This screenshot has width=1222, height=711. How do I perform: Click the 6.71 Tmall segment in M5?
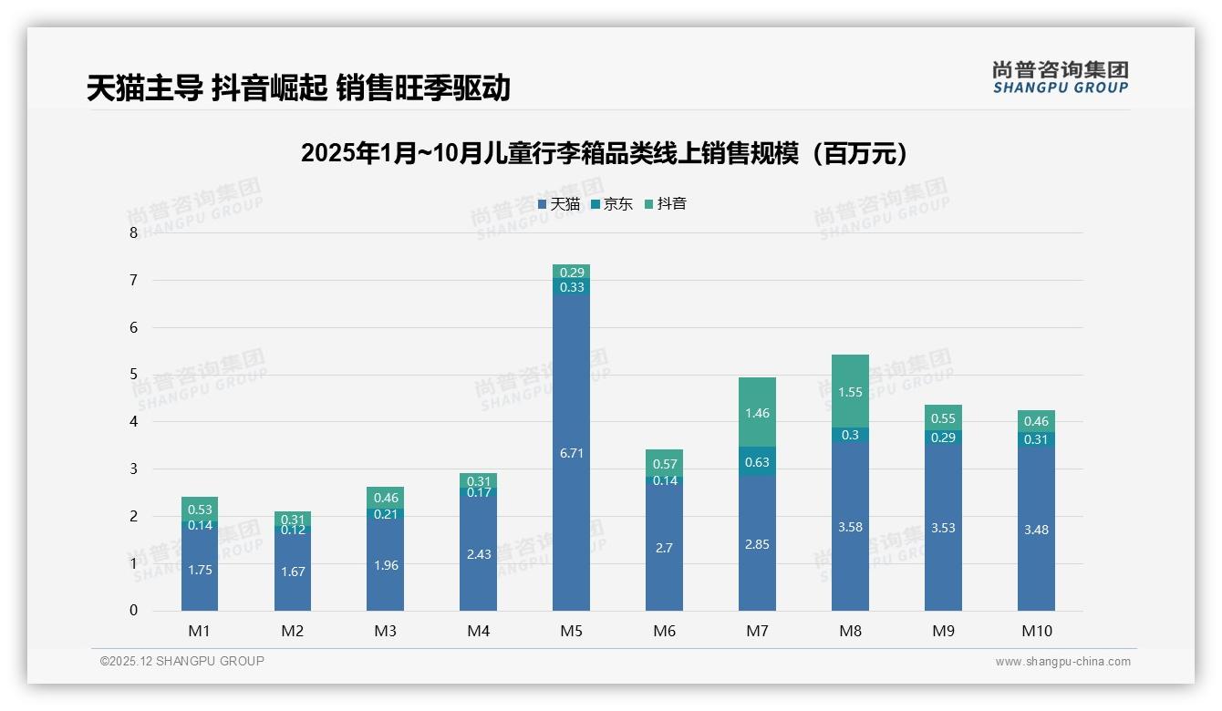571,452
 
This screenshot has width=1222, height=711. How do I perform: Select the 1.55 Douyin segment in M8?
850,391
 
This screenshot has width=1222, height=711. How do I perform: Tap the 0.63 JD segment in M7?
757,461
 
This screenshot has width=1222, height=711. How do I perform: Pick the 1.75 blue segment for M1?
199,570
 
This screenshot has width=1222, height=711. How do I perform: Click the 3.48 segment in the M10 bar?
1036,529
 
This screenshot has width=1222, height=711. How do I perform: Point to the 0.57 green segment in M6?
664,463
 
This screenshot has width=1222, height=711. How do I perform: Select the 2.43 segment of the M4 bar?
478,553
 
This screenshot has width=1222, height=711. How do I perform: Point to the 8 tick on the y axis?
134,233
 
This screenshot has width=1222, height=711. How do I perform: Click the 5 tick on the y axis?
134,375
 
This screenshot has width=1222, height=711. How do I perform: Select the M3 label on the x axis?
385,631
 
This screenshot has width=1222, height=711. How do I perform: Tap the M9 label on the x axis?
943,631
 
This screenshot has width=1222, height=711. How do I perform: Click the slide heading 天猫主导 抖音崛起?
298,88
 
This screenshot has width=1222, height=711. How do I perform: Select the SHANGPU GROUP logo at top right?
1060,77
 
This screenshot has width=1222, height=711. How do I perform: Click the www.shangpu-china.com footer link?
1062,662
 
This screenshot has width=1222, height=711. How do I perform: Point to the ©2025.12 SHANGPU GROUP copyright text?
182,662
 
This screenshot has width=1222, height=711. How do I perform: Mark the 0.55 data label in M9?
943,418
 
